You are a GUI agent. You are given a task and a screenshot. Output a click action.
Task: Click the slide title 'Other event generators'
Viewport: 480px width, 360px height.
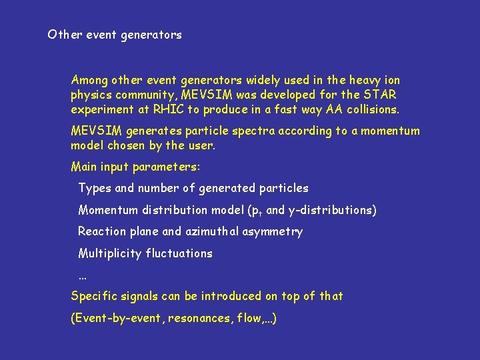click(115, 35)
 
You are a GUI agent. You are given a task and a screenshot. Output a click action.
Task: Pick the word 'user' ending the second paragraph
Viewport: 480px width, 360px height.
click(201, 145)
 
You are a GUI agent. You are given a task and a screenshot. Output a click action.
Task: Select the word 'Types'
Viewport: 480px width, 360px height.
click(95, 189)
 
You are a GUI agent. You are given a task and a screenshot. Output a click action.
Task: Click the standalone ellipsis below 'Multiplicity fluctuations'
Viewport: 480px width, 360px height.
click(83, 275)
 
